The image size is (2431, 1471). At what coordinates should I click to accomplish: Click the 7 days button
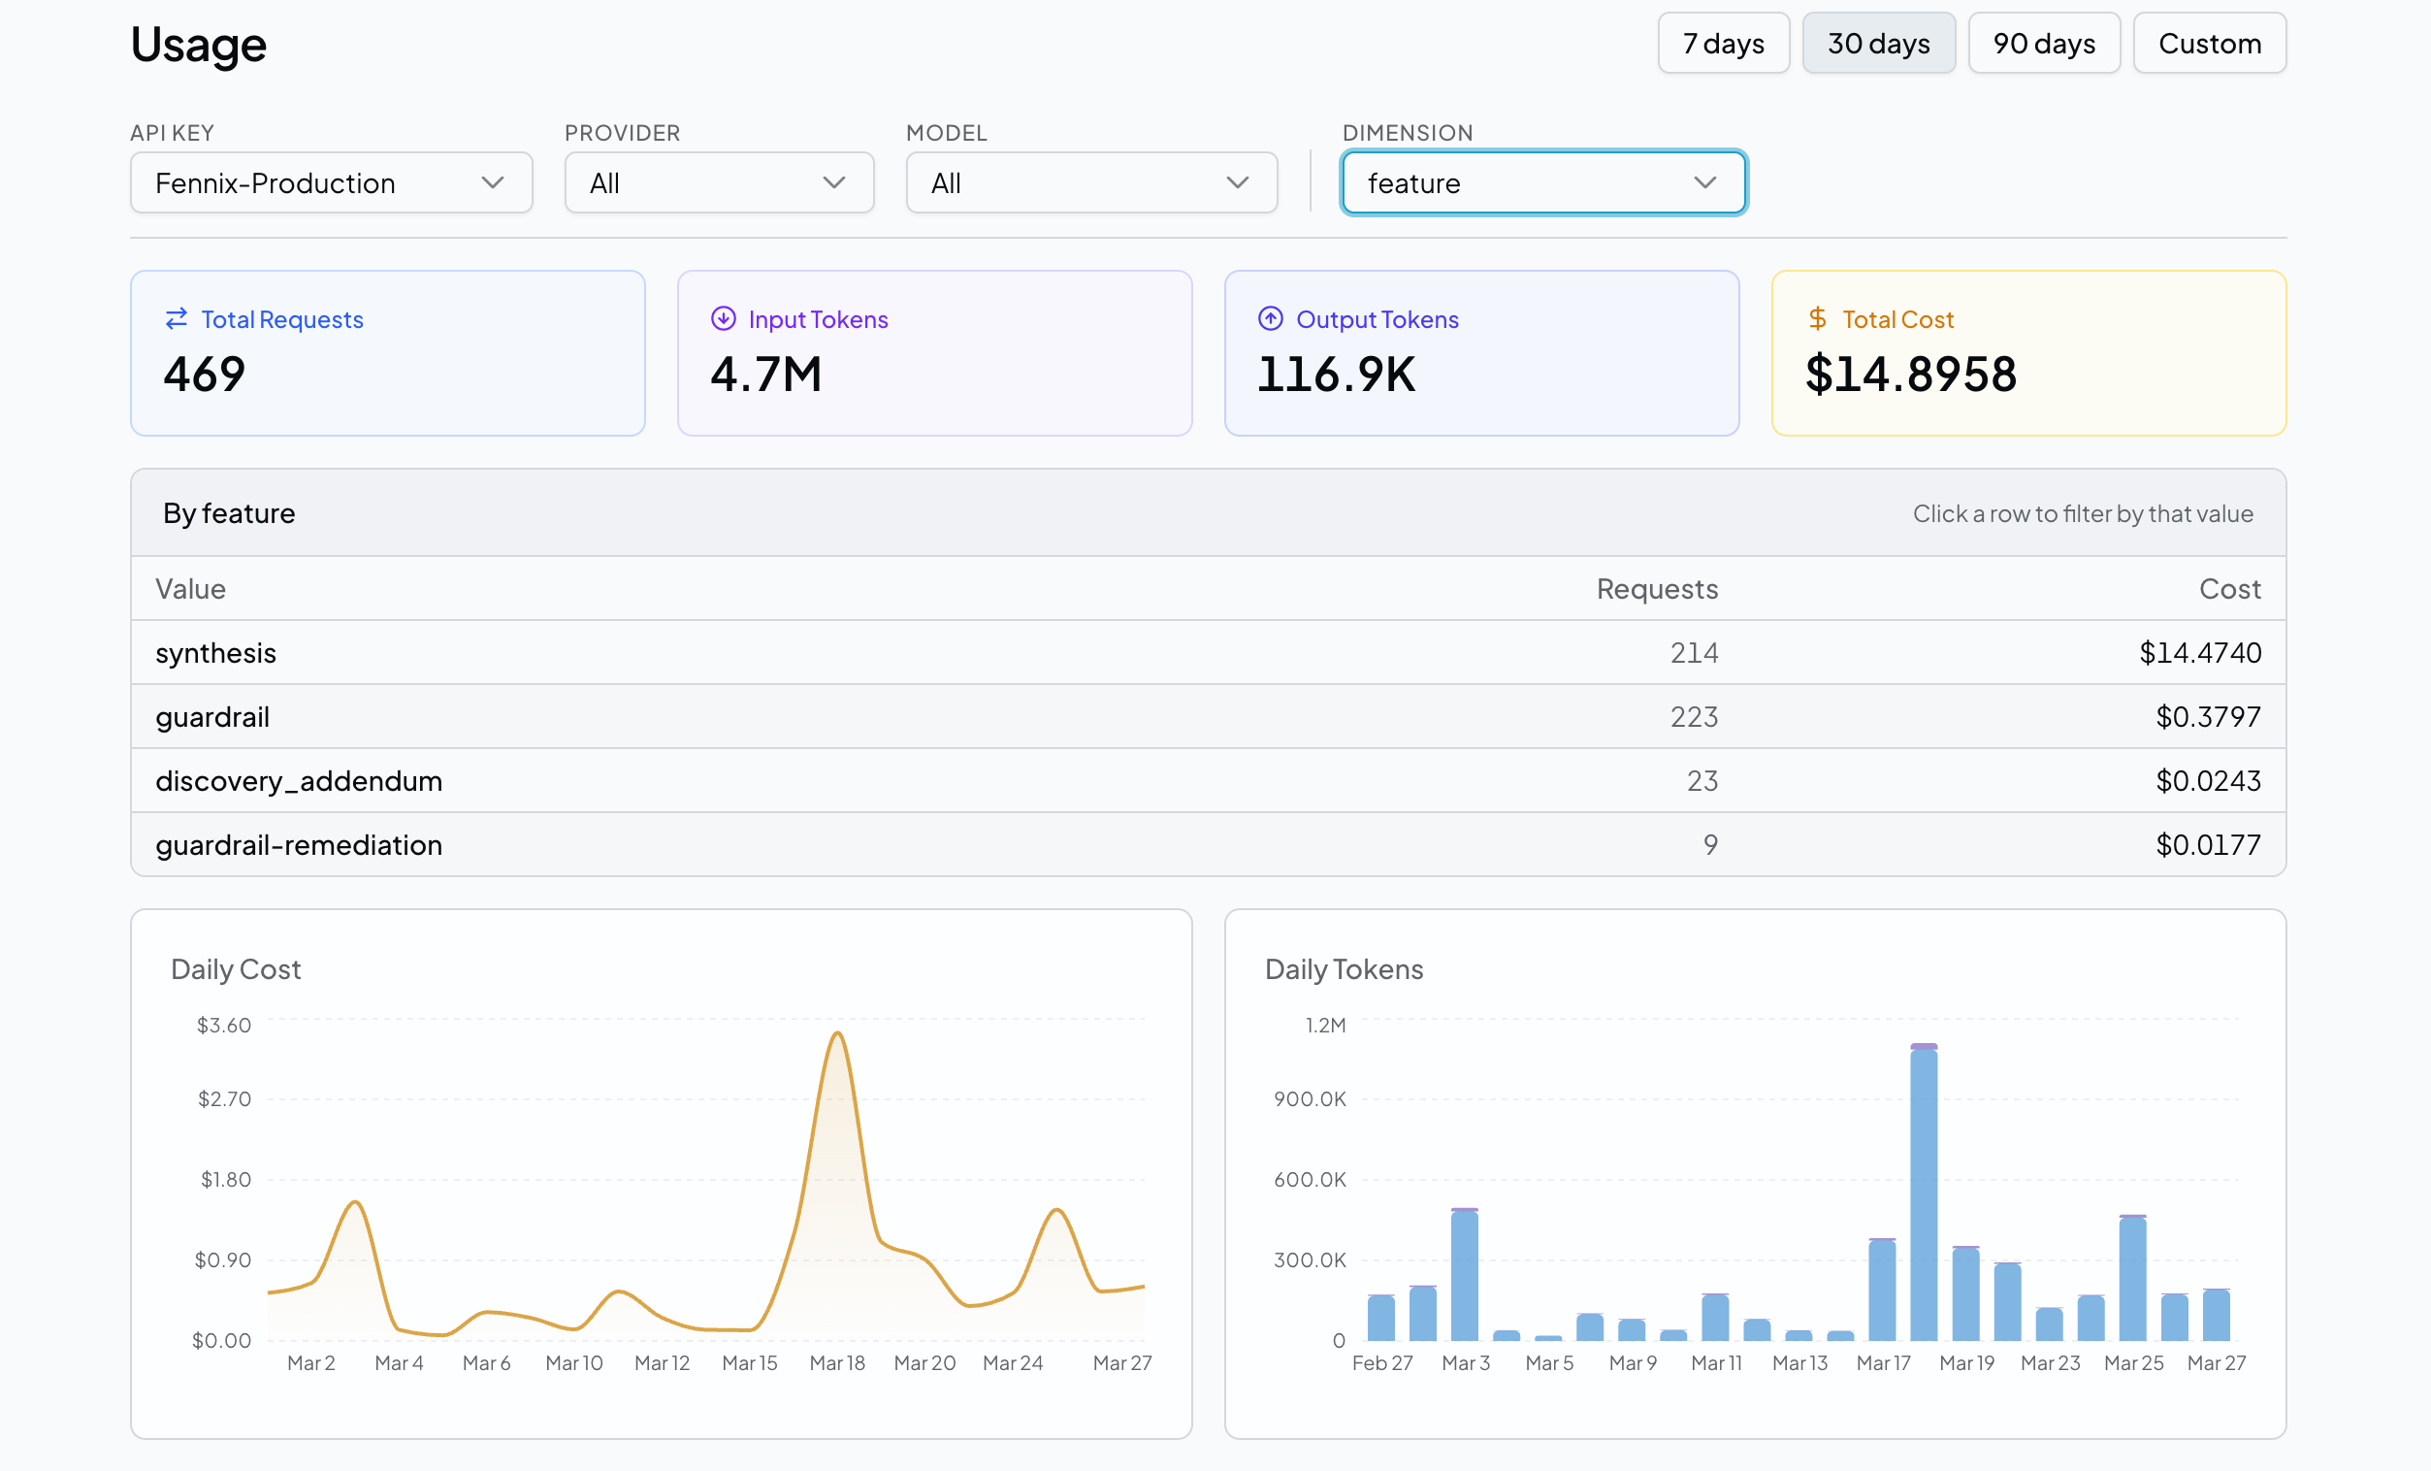[x=1723, y=44]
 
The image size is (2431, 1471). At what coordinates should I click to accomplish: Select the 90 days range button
[x=2043, y=44]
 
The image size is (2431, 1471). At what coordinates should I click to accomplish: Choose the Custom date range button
[x=2209, y=44]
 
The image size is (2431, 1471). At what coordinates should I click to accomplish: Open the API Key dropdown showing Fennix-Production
[x=331, y=183]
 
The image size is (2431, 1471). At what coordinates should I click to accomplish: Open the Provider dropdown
[x=718, y=183]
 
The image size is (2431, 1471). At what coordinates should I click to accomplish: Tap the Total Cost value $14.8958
[x=1910, y=375]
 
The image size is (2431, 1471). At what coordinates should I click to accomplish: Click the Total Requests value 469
[x=205, y=375]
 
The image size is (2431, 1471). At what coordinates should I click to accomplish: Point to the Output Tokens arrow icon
[x=1270, y=318]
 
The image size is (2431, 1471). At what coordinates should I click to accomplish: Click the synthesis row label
[x=215, y=653]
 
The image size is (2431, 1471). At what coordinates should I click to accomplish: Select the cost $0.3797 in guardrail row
[x=2207, y=717]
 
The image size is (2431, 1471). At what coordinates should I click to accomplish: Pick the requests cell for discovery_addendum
[x=1701, y=781]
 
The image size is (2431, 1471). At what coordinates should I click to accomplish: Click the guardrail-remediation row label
[x=298, y=845]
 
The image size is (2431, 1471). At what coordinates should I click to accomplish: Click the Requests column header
[x=1657, y=589]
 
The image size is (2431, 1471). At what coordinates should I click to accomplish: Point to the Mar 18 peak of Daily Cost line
[x=837, y=1033]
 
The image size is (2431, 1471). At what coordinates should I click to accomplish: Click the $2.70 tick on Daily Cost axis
[x=224, y=1099]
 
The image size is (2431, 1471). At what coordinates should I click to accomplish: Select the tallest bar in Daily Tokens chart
[x=1923, y=1193]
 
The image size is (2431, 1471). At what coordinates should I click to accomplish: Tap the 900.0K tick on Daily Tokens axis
[x=1310, y=1099]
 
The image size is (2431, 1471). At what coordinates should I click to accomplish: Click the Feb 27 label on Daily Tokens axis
[x=1381, y=1363]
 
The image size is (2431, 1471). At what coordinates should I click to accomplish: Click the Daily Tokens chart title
[x=1343, y=969]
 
